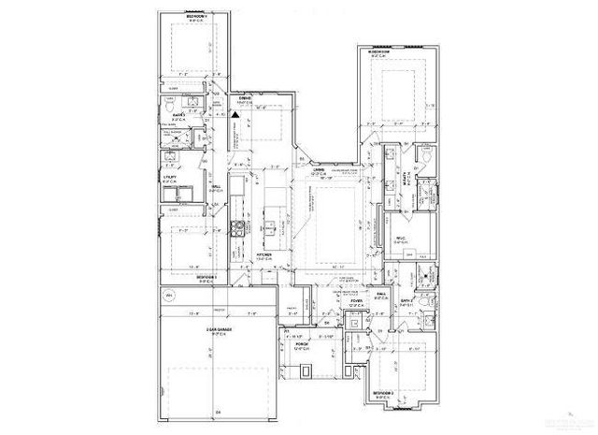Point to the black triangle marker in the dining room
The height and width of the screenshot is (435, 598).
tap(236, 114)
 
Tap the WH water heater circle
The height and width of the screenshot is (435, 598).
tap(170, 297)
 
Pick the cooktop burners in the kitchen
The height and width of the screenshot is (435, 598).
tap(237, 227)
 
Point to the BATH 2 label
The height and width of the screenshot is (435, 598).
tap(407, 301)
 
